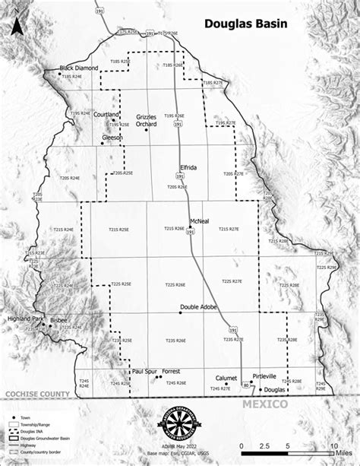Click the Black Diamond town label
pyautogui.click(x=81, y=68)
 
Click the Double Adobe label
pyautogui.click(x=198, y=308)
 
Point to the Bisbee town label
pyautogui.click(x=59, y=321)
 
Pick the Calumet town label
pyautogui.click(x=226, y=377)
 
